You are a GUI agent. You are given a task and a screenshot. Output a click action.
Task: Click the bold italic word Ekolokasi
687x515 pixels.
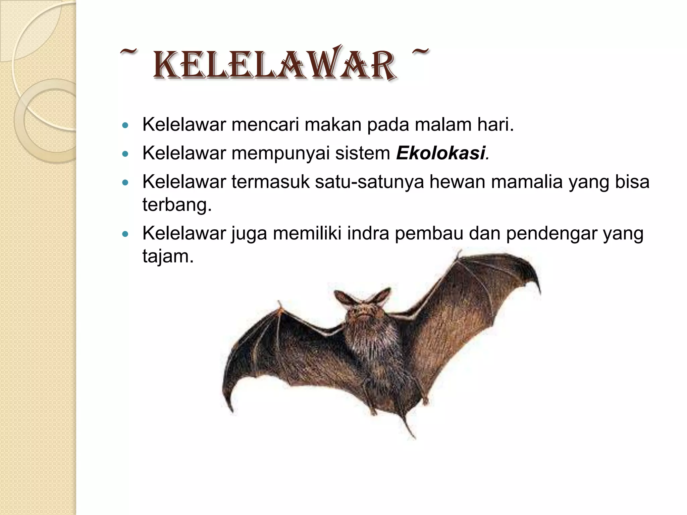click(440, 153)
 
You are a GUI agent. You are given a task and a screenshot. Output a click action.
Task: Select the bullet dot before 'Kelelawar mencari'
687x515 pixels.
click(126, 126)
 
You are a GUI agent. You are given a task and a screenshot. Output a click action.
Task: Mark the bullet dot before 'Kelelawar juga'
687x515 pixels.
click(126, 235)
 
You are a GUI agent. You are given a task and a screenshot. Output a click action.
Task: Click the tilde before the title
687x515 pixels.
click(128, 53)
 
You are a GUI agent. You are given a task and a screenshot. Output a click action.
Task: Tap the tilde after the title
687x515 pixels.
click(420, 52)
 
